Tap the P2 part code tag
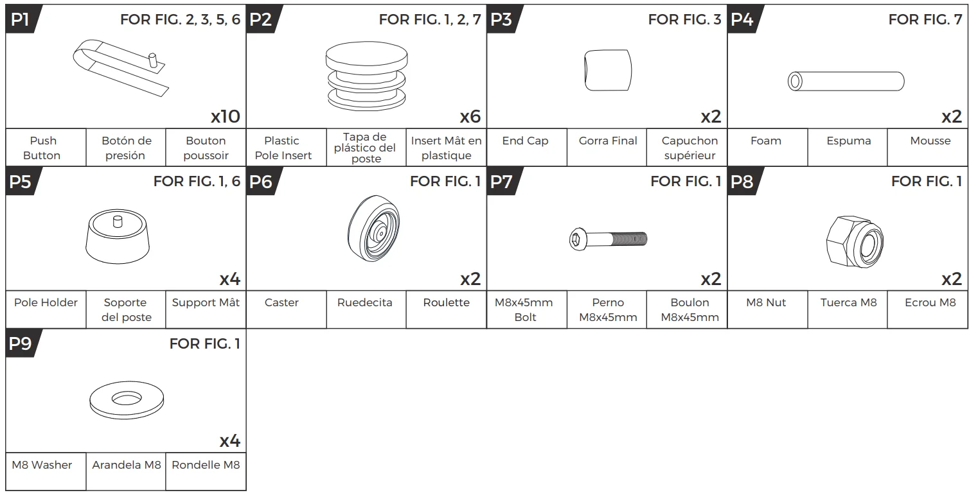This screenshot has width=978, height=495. coord(262,19)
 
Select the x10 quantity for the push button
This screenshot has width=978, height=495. coord(226,116)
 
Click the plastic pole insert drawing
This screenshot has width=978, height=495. coord(367,76)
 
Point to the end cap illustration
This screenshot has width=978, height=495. coord(608,70)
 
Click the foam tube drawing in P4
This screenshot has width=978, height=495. coord(846,82)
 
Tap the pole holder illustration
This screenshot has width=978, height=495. coord(118,236)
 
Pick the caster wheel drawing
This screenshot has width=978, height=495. coord(374,228)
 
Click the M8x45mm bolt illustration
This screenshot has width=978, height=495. coord(608,239)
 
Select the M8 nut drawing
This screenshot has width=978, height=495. coord(855,241)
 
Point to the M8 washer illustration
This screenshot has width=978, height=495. coord(127,399)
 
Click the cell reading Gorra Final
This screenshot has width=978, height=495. coord(607,148)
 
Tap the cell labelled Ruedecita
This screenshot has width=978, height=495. coord(366,309)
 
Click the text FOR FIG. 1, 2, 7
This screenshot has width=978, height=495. coord(430,20)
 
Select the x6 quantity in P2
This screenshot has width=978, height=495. coord(470,116)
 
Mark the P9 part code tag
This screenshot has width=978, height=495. coord(22,343)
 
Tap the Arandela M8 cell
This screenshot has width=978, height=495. coord(126,471)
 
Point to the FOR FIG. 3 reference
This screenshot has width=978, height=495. coord(684,20)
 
